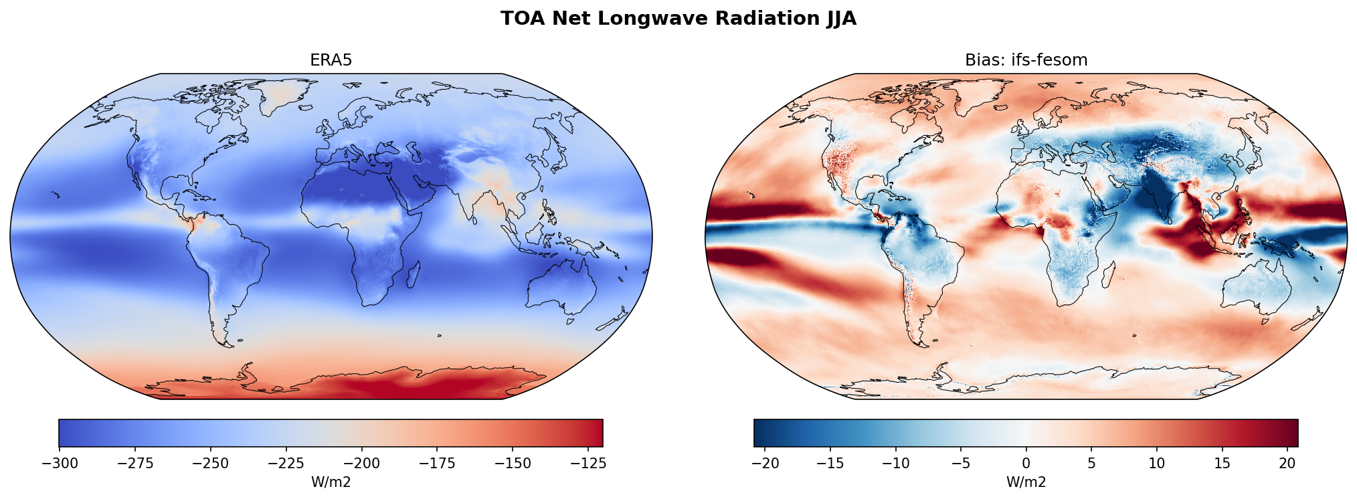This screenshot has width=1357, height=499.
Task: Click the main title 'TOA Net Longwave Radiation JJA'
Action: [678, 19]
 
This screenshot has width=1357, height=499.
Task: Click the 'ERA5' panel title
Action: [331, 60]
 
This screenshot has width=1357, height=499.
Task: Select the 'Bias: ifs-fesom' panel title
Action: [1026, 60]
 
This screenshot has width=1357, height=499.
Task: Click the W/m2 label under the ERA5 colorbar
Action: [331, 482]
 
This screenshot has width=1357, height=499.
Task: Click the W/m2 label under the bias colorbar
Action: [1026, 482]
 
